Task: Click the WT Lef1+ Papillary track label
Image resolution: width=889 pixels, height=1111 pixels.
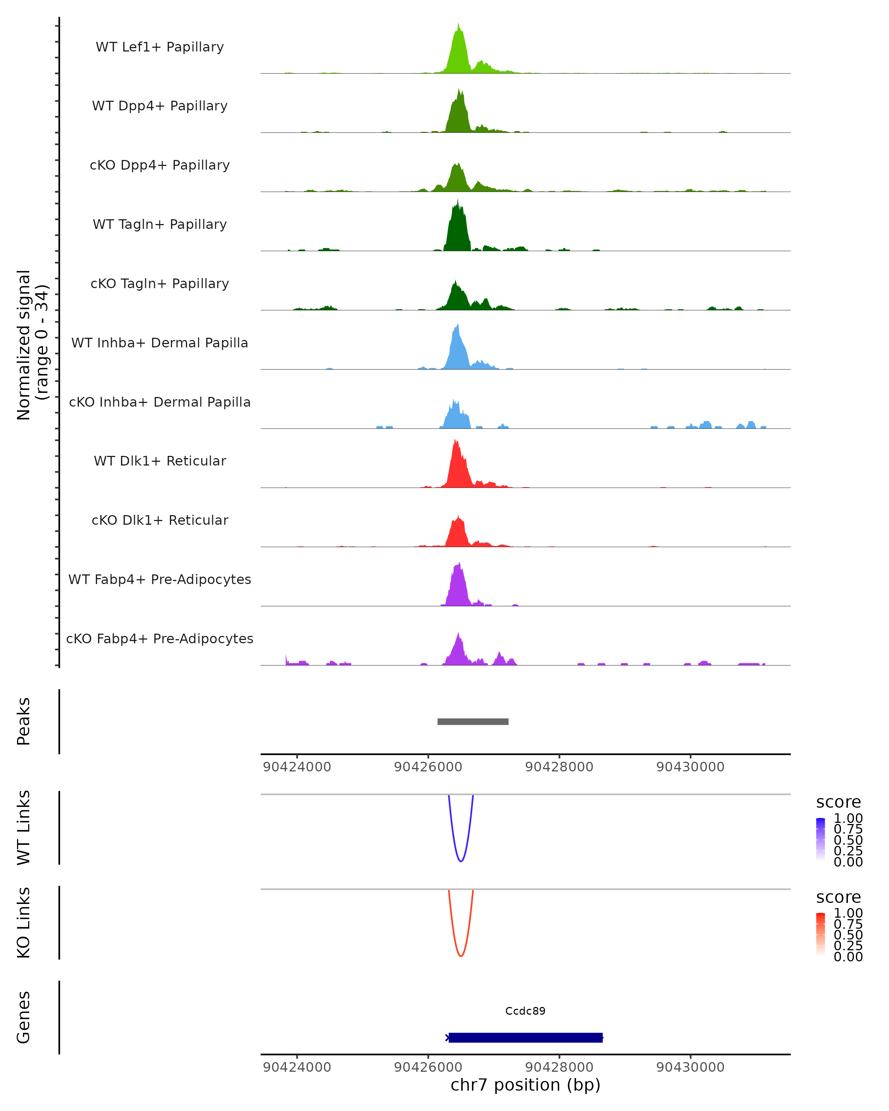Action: (160, 47)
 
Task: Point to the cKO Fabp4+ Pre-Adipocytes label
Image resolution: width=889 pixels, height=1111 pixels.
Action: (160, 638)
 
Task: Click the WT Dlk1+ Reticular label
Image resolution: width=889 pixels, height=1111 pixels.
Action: (160, 461)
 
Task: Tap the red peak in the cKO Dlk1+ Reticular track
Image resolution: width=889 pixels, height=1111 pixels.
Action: (457, 533)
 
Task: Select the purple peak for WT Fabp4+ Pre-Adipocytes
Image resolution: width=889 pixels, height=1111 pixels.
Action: (457, 585)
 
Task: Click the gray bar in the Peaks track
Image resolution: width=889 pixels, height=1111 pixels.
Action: (473, 721)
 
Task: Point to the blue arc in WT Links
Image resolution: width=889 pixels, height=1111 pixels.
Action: (461, 861)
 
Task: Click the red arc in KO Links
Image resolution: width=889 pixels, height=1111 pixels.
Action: (461, 956)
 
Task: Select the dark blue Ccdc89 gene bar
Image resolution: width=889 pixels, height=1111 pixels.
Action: (525, 1037)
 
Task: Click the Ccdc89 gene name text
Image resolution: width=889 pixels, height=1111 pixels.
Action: (525, 1011)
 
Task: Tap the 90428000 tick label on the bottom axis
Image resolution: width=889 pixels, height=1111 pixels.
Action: (559, 1067)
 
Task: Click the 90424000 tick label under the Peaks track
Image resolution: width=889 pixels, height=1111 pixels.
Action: (297, 767)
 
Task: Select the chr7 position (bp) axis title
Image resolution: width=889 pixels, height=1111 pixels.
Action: (525, 1085)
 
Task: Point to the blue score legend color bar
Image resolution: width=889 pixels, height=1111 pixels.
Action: (820, 839)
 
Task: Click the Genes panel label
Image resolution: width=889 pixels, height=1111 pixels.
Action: (24, 1017)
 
